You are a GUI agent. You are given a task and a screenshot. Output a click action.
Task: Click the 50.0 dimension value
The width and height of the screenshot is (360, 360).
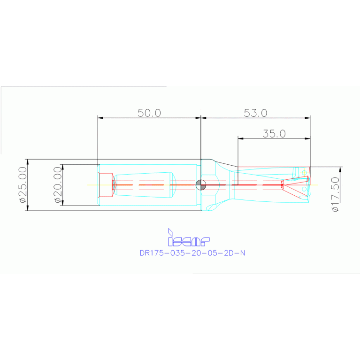pos(149,113)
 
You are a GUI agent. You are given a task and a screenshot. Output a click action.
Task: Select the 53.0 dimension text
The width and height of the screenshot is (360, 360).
pos(255,113)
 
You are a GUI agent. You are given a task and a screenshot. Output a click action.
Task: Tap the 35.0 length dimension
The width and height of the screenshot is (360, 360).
pos(274,133)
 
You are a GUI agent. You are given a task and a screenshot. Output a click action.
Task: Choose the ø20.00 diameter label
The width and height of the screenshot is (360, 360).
pos(58,185)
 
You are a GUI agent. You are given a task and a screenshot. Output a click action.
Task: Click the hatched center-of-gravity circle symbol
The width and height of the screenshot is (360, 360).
pos(200,184)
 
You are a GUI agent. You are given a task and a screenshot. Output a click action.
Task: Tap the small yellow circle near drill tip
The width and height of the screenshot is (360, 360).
pos(304,173)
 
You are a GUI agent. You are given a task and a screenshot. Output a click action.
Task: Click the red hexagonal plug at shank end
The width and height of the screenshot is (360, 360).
pos(108,184)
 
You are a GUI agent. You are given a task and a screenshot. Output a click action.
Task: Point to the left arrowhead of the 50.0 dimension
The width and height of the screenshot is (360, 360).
pos(99,118)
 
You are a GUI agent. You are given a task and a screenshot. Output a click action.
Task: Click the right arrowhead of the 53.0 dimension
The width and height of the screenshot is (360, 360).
pos(308,118)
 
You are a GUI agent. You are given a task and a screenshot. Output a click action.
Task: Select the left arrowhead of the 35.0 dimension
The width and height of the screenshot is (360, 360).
pos(240,138)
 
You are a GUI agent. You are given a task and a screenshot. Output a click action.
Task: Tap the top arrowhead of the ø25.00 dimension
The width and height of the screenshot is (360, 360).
pos(27,161)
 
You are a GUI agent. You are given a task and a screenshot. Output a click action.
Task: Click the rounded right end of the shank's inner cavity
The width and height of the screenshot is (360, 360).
pos(173,184)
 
